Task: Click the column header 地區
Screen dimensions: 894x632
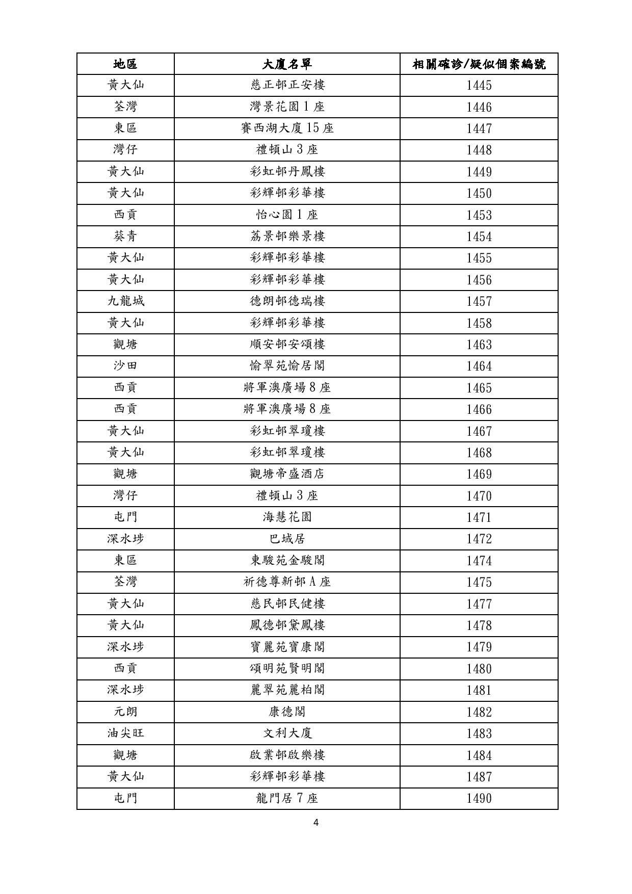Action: pos(125,64)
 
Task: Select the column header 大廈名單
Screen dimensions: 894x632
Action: pos(287,64)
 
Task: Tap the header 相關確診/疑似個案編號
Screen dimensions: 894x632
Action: pos(479,64)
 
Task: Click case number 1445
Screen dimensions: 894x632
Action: pos(479,85)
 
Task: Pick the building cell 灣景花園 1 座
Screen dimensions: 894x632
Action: pos(287,107)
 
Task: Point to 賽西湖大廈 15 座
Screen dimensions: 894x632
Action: pos(287,128)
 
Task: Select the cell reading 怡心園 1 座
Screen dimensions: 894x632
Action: pos(287,215)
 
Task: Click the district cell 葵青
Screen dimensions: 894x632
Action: pos(125,236)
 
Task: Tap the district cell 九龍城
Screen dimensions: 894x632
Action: pos(125,301)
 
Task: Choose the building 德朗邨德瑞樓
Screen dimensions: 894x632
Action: pos(287,301)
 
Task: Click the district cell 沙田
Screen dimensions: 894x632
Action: pos(125,366)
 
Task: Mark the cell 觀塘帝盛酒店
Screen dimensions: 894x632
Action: pos(287,474)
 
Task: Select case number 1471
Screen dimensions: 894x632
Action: pos(479,517)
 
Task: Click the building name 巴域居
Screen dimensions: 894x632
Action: pos(287,539)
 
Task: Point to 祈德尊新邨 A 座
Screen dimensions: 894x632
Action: pos(287,582)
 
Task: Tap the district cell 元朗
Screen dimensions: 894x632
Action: pos(125,712)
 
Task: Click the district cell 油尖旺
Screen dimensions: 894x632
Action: pos(125,733)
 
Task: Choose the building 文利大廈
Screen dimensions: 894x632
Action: pos(287,733)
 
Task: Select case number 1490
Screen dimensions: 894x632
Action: pos(479,798)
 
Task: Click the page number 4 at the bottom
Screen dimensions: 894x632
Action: pos(316,822)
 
